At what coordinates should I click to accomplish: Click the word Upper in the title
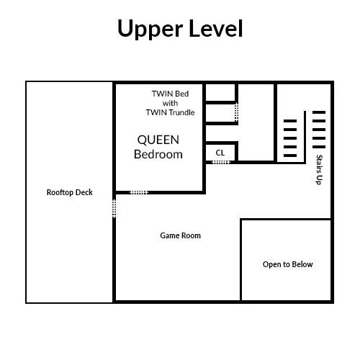click(x=150, y=29)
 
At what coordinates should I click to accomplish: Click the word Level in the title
click(x=216, y=28)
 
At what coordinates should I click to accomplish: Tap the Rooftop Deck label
click(x=70, y=192)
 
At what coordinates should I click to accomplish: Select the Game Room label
click(x=180, y=235)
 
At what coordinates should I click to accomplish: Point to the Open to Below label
click(x=287, y=264)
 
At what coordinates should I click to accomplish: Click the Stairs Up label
click(x=320, y=170)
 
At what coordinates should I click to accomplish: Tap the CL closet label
click(x=220, y=153)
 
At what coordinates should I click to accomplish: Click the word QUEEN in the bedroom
click(x=158, y=140)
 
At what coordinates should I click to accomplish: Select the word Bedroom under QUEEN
click(x=158, y=154)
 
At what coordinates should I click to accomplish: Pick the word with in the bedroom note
click(x=170, y=103)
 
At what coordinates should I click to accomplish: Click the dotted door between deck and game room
click(x=114, y=209)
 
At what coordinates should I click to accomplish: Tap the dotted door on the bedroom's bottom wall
click(x=139, y=192)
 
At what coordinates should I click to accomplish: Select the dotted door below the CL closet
click(x=221, y=163)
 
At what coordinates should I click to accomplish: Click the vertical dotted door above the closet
click(x=237, y=112)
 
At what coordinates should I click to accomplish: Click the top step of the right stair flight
click(x=319, y=112)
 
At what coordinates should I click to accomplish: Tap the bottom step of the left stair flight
click(x=290, y=156)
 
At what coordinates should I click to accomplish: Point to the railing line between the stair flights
click(x=305, y=137)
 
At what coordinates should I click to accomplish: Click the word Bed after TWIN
click(x=183, y=94)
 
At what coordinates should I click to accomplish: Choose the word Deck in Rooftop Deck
click(x=84, y=192)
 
